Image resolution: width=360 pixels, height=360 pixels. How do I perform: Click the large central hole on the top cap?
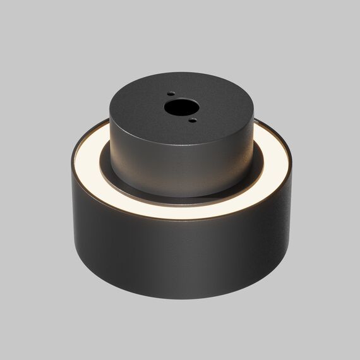coord(174,107)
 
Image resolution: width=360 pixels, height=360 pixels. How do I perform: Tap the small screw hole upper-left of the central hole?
coord(171,94)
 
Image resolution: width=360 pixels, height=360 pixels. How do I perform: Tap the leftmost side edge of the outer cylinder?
coord(71,208)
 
